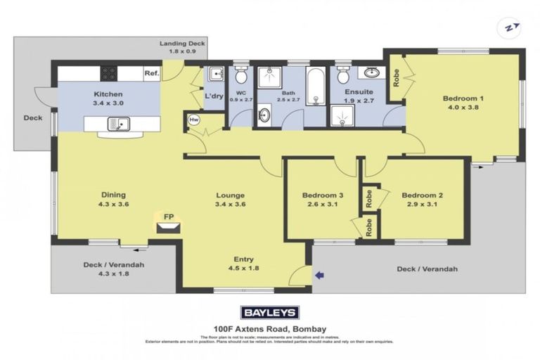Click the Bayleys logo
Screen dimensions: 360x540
(270, 312)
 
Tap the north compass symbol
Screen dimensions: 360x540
(508, 28)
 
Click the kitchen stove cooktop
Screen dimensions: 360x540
(109, 72)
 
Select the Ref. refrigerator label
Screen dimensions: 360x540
(151, 73)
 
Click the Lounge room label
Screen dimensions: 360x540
(230, 195)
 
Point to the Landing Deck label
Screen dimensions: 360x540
(182, 43)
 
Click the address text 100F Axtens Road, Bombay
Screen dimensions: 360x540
(270, 328)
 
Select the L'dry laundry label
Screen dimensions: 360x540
(214, 96)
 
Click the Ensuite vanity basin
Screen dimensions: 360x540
(371, 72)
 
